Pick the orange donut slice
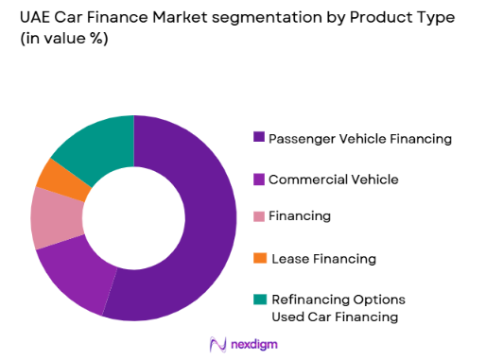coord(53,176)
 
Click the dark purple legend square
coord(259,138)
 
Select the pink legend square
coord(259,215)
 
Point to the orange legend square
coord(259,258)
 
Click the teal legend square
coord(259,298)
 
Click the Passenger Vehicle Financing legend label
coord(360,139)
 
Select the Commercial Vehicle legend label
coord(333,179)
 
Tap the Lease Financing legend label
coord(323,259)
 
